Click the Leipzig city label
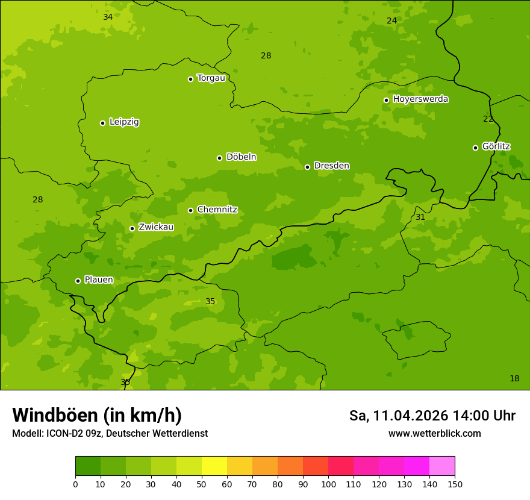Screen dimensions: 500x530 click(x=124, y=122)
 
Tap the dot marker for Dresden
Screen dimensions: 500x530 click(x=307, y=167)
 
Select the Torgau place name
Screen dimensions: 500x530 click(x=211, y=78)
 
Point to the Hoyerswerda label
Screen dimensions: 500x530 click(x=420, y=99)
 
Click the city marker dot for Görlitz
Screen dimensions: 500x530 click(x=475, y=148)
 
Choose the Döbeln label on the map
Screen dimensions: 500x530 click(x=241, y=157)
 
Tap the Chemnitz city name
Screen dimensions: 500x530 click(x=217, y=210)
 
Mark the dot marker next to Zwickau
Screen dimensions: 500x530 click(x=132, y=228)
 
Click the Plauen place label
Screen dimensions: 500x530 click(x=99, y=280)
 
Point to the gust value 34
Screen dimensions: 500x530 click(x=108, y=17)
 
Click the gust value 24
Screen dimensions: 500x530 click(x=392, y=21)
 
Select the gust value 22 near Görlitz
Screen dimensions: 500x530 click(x=488, y=119)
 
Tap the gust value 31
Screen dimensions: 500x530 click(x=420, y=217)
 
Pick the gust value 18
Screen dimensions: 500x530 click(x=514, y=379)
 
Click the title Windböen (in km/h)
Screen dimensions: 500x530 click(x=97, y=416)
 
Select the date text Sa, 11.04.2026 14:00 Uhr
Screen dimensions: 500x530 click(x=432, y=416)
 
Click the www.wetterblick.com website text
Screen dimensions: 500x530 click(x=435, y=434)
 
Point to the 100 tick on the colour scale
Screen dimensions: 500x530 click(x=328, y=484)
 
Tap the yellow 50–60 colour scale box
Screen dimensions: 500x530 click(x=214, y=466)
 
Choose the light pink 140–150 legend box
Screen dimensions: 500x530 click(x=442, y=466)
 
